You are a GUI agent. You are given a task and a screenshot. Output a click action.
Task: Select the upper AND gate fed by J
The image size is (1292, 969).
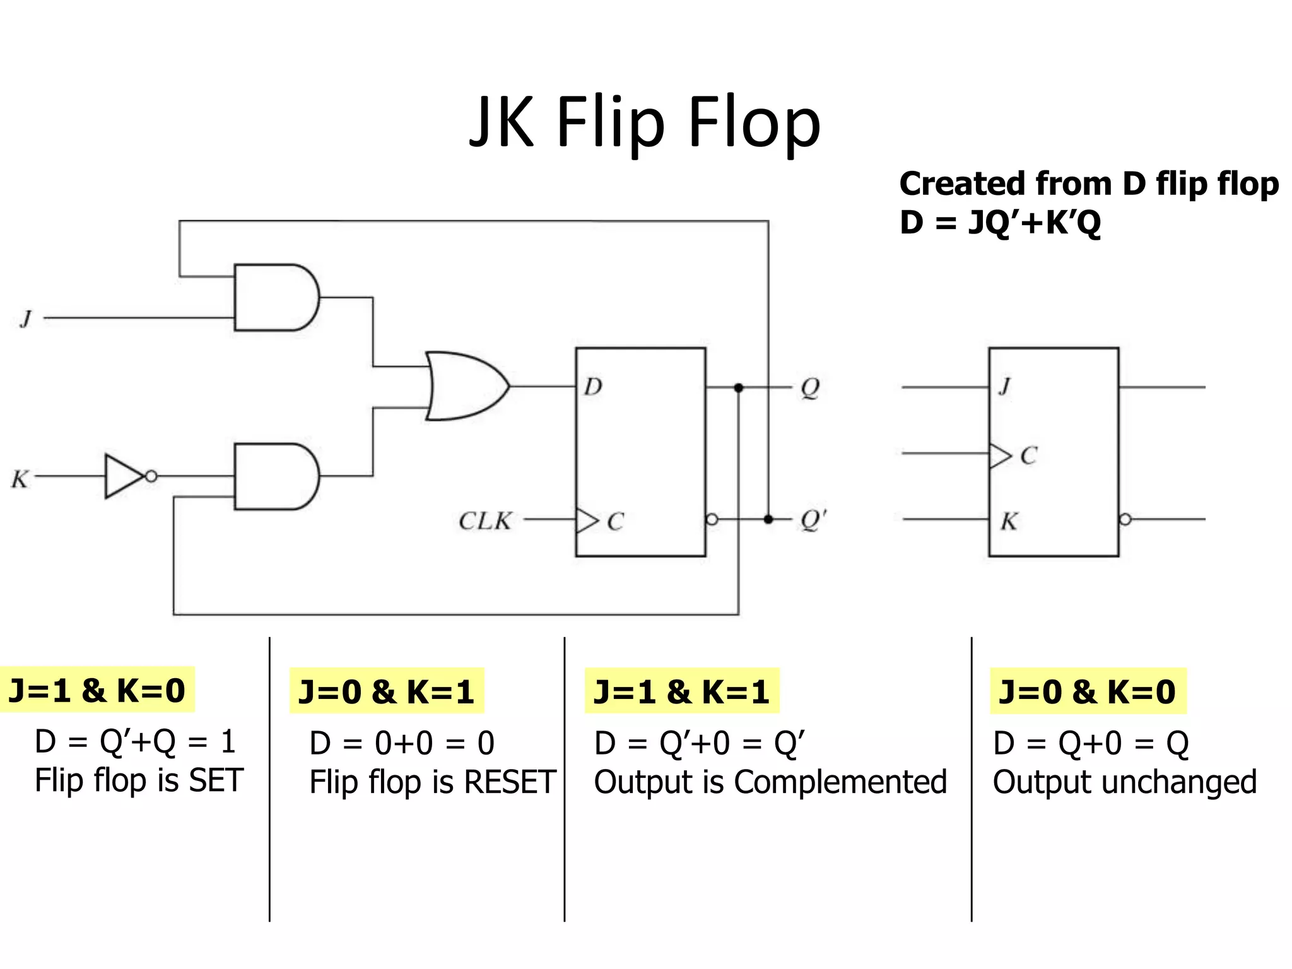tap(275, 298)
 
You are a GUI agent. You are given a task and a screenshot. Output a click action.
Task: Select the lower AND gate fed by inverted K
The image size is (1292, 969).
tap(275, 476)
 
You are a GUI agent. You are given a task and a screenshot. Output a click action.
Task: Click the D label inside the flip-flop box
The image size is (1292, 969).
tap(592, 386)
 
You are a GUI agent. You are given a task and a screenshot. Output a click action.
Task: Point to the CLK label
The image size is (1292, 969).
tap(485, 521)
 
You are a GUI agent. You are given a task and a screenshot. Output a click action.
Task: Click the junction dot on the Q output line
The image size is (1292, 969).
tap(739, 387)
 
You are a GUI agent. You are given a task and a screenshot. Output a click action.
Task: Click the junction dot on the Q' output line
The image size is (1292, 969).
tap(768, 519)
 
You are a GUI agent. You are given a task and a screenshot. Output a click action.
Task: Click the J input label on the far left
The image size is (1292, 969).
tap(26, 319)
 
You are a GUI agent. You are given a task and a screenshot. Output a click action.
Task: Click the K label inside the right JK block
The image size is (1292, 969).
tap(1009, 522)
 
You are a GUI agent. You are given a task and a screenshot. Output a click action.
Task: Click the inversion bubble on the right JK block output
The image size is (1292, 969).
tap(1125, 519)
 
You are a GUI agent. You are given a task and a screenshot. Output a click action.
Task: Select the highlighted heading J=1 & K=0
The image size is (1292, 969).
tap(97, 690)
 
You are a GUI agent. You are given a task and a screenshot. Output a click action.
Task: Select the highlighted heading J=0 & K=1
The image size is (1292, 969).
tap(386, 691)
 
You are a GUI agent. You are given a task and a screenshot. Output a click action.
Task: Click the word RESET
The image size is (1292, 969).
tap(509, 782)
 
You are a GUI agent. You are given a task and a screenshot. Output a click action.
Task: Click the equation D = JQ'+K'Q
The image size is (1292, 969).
tap(1000, 223)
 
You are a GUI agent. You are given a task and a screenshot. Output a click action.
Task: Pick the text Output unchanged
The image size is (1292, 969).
tap(1124, 782)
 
